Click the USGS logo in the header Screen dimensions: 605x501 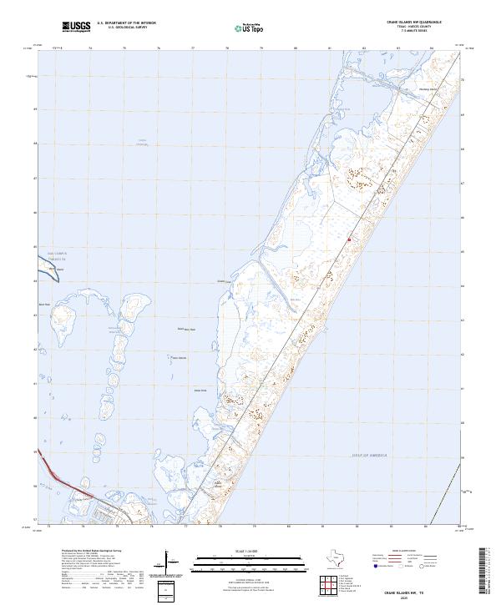pyautogui.click(x=77, y=28)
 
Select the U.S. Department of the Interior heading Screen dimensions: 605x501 pyautogui.click(x=126, y=23)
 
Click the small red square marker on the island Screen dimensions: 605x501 pyautogui.click(x=348, y=239)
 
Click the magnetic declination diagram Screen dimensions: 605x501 pyautogui.click(x=174, y=566)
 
